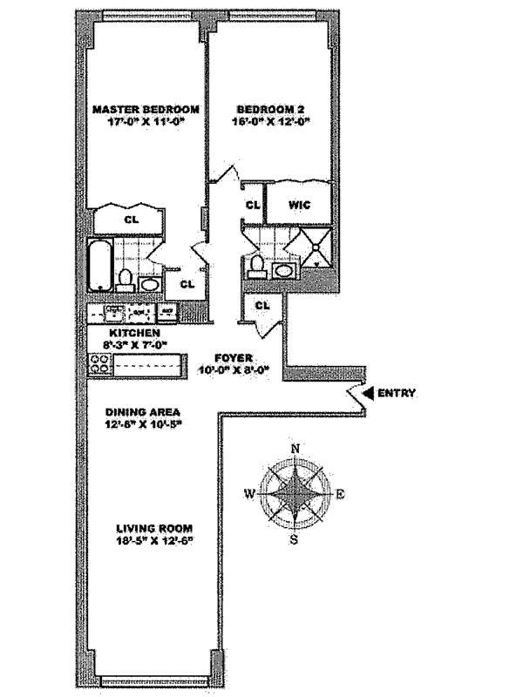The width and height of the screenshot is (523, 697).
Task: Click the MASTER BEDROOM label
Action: coord(146,110)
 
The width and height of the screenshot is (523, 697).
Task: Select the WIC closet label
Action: coord(299,206)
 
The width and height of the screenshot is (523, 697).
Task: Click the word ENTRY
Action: coord(397,394)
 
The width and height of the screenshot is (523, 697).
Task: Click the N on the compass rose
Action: coord(295,450)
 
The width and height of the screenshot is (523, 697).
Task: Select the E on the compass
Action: coord(340,495)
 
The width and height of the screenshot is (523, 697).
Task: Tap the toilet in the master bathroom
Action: coord(125,279)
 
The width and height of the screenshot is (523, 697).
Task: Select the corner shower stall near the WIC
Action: coord(313,247)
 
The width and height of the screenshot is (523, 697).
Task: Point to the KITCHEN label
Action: coord(133,334)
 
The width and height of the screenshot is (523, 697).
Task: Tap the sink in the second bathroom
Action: coord(284,271)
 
